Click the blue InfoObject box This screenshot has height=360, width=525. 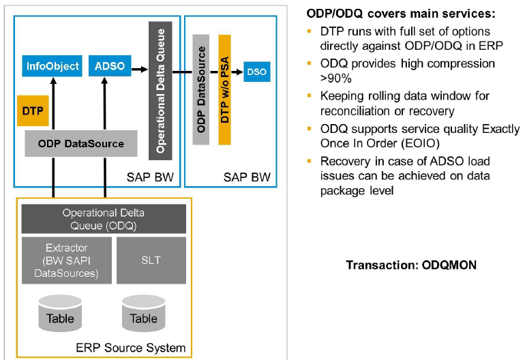point(52,67)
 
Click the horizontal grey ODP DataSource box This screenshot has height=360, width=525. point(81,144)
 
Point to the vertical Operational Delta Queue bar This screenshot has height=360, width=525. point(160,90)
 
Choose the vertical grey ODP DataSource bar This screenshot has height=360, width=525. point(200,90)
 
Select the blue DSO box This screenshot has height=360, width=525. point(257,71)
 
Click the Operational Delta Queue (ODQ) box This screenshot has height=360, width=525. point(104,218)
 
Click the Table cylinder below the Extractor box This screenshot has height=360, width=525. point(60,313)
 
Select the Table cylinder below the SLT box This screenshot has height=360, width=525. point(143,313)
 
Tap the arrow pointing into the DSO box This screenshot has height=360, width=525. point(238,71)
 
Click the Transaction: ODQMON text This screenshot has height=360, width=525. point(411,265)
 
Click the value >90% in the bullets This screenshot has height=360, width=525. point(333,78)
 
